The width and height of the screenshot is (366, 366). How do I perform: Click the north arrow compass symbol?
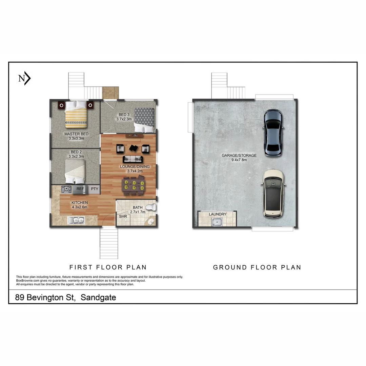pos(24,79)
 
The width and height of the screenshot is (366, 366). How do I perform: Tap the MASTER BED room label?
pos(76,134)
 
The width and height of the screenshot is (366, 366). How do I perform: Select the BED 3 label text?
pos(124,115)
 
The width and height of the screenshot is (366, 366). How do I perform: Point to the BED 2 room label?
pos(76,152)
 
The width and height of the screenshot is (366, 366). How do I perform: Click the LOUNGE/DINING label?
pos(135,167)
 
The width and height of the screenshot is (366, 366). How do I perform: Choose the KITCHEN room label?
pos(80,203)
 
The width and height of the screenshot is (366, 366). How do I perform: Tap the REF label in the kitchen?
pos(80,189)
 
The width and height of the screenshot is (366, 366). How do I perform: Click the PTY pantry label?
pos(95,189)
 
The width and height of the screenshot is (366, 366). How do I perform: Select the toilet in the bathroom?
pos(150,207)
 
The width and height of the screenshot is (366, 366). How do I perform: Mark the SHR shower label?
pos(122,216)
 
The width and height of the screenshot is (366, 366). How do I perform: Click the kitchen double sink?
pos(76,221)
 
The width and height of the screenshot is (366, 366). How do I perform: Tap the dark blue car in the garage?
pos(273,133)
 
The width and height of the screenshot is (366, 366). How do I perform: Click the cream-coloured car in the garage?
pos(273,194)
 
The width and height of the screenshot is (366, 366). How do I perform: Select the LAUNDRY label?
pos(218,214)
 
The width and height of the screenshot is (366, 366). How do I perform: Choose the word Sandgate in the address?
pos(98,298)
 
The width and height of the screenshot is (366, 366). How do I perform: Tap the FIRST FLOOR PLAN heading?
pos(108,267)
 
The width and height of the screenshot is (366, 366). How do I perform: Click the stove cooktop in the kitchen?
pos(66,189)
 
